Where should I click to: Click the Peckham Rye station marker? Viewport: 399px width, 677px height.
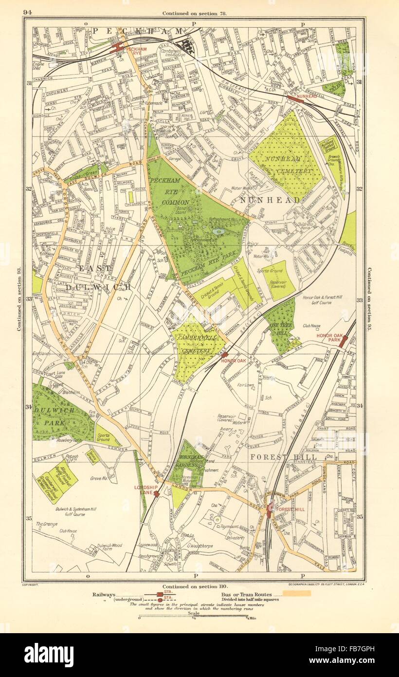pyautogui.click(x=118, y=47)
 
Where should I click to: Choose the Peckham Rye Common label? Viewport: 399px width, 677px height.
pyautogui.click(x=170, y=190)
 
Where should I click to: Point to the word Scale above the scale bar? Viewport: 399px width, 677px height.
pyautogui.click(x=194, y=613)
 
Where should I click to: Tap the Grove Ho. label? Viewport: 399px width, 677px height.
pyautogui.click(x=98, y=479)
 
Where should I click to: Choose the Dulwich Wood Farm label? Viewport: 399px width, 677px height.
pyautogui.click(x=109, y=548)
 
